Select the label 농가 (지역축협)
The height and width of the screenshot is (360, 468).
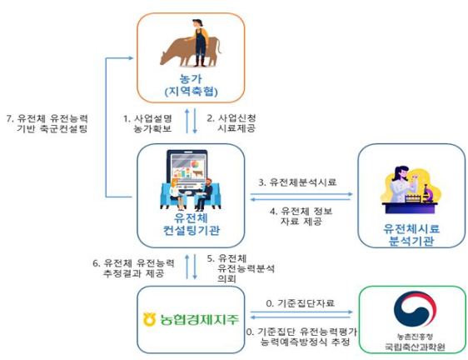click(x=190, y=83)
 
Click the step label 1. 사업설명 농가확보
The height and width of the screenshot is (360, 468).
click(x=149, y=125)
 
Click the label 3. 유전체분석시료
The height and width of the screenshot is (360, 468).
click(x=297, y=181)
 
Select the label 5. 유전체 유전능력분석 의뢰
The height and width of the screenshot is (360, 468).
click(x=242, y=269)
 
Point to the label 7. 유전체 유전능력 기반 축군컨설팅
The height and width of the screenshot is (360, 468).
click(x=47, y=123)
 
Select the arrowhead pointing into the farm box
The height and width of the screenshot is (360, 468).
click(x=132, y=57)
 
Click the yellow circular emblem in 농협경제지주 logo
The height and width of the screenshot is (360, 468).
click(x=149, y=317)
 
